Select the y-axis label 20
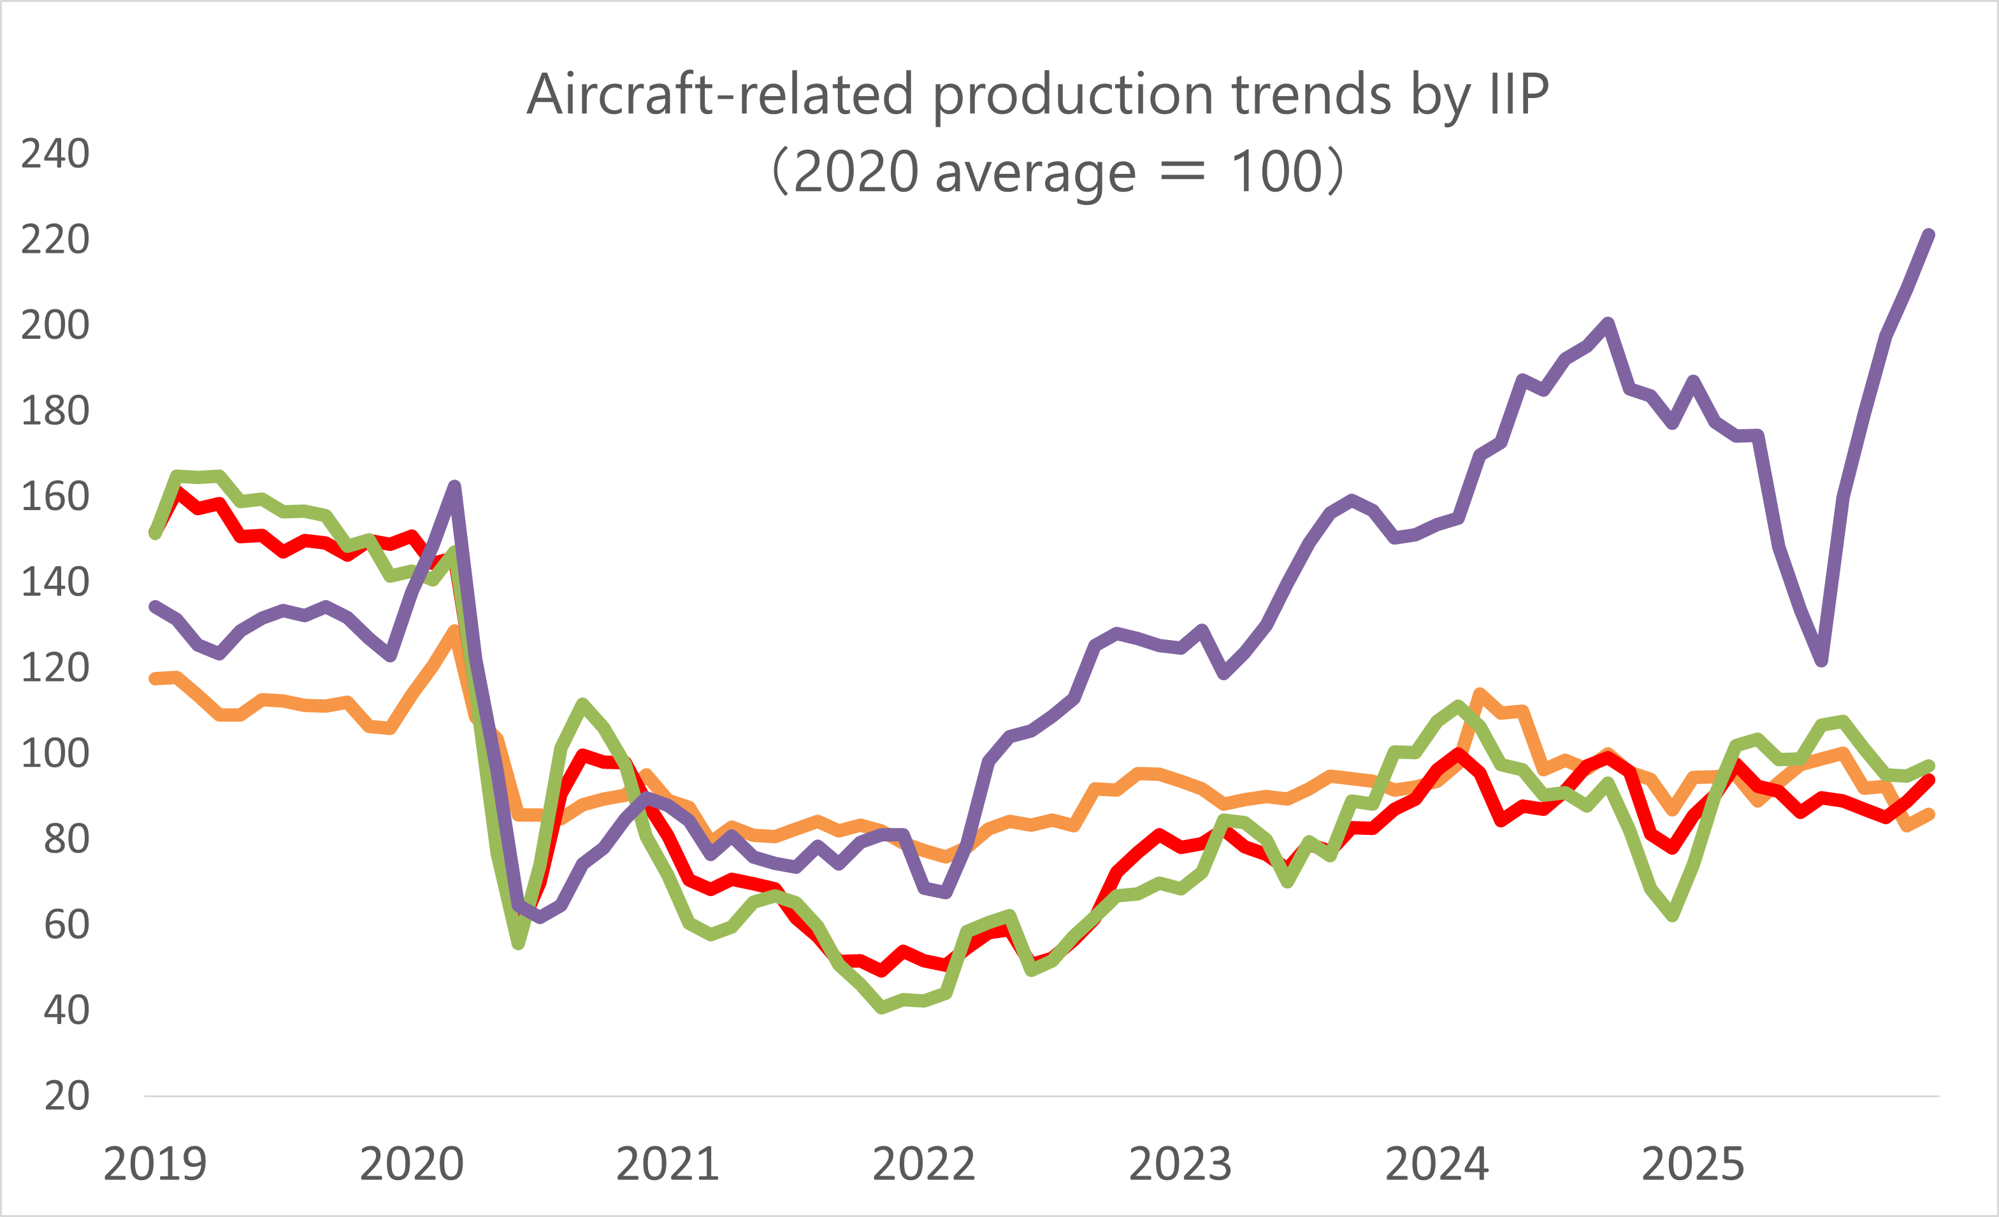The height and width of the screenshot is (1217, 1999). (x=66, y=1095)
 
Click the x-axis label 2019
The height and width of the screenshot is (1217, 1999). (x=155, y=1164)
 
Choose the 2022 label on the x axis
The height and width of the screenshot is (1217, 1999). (x=923, y=1164)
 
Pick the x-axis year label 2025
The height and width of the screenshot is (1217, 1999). (x=1692, y=1164)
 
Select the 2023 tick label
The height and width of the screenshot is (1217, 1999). (x=1180, y=1164)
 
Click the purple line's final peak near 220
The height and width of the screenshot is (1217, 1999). (x=1930, y=235)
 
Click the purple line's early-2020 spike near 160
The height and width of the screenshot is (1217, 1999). (x=455, y=487)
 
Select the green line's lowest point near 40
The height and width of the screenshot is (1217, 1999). (x=882, y=1009)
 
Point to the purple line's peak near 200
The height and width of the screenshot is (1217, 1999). (x=1608, y=323)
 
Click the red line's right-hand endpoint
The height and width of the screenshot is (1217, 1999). (x=1930, y=780)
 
